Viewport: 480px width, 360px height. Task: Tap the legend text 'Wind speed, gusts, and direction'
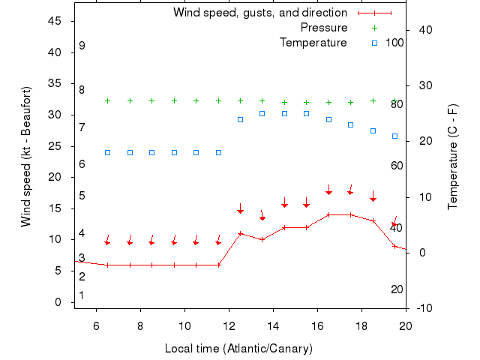coord(259,13)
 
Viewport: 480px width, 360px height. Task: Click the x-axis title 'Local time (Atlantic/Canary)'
coord(238,349)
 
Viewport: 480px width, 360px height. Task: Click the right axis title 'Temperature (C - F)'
coord(453,157)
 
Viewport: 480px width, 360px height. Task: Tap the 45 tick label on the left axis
coord(55,21)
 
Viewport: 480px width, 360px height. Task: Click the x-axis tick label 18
coord(361,325)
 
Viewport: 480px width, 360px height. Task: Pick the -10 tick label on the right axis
coord(422,308)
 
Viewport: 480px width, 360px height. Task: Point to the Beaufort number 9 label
coord(82,46)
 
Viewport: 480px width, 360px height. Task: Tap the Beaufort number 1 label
coord(82,295)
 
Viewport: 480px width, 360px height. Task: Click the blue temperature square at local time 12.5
coord(240,119)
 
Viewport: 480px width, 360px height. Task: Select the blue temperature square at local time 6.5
coord(107,152)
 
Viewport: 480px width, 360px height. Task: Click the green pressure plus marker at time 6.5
coord(107,100)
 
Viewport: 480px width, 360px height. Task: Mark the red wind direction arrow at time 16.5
coord(328,190)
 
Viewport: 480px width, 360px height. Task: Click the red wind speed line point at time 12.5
coord(240,233)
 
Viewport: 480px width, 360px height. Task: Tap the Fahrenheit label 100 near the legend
coord(394,43)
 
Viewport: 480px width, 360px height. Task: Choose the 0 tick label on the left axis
coord(58,302)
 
